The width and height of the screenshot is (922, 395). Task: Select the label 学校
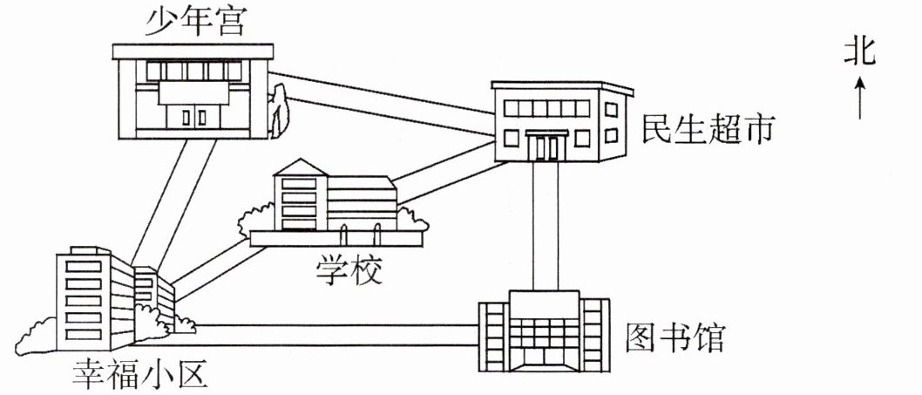coord(348,271)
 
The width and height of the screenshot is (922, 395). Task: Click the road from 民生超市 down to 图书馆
coord(546,227)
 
